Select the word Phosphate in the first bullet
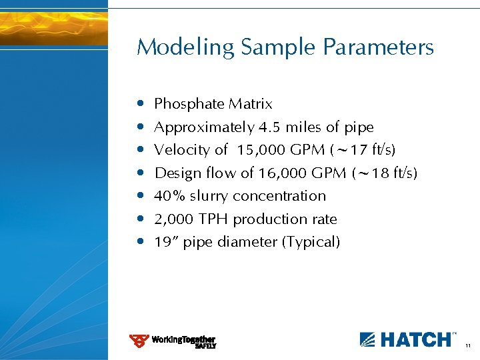point(189,104)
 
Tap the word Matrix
point(251,104)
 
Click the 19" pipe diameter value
point(163,242)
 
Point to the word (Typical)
point(311,242)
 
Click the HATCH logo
point(408,339)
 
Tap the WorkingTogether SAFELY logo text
point(183,341)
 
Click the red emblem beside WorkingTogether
point(139,341)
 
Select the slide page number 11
point(468,345)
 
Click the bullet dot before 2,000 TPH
point(139,219)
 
